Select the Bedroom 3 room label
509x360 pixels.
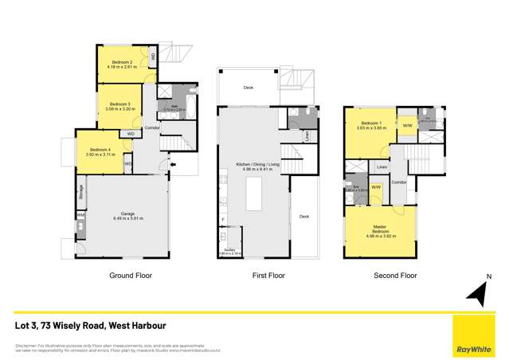(120, 104)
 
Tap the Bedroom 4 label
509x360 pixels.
(100, 150)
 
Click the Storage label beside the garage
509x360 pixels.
(81, 190)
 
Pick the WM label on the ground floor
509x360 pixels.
(80, 215)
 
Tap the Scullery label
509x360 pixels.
(228, 250)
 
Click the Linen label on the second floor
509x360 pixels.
(382, 167)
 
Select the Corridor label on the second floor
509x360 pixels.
(399, 182)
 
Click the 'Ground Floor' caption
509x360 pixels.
(130, 276)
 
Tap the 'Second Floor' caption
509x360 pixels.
(395, 276)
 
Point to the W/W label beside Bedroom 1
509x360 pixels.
(406, 126)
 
